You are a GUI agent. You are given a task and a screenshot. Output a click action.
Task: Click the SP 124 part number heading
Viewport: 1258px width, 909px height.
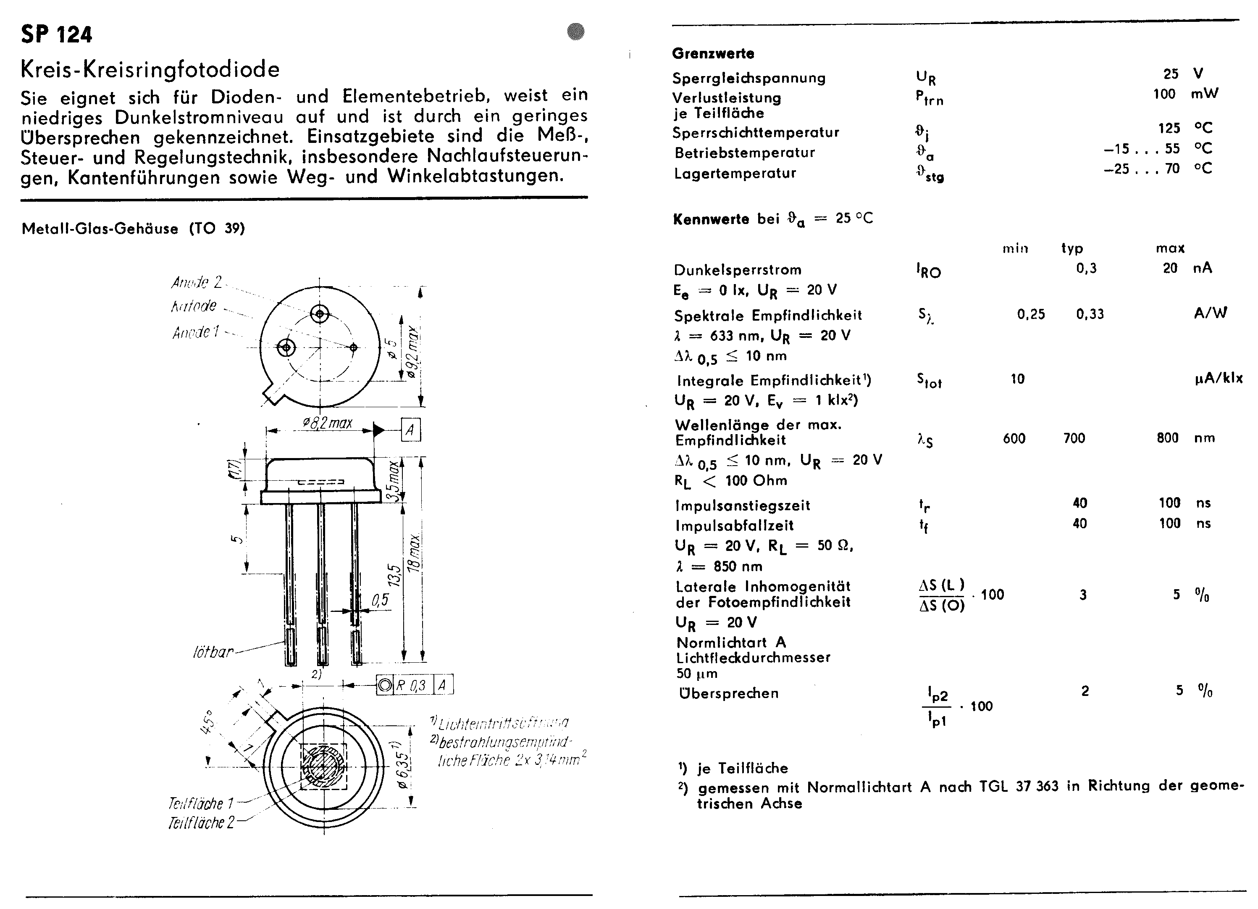point(57,35)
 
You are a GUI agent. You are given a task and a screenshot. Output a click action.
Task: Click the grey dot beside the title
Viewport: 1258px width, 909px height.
point(576,31)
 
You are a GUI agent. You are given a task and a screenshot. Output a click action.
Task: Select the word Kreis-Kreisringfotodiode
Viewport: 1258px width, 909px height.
point(150,69)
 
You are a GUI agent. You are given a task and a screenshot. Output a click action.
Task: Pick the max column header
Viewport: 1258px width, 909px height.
point(1170,248)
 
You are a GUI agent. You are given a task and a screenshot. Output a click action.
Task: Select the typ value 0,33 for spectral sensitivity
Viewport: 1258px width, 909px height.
point(1090,314)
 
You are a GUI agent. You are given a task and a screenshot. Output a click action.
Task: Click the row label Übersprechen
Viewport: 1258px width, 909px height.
point(728,693)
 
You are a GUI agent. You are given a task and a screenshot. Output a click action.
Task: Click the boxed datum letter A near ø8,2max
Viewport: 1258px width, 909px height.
point(410,430)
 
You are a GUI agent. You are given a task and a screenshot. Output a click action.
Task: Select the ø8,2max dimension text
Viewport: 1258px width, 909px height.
point(327,424)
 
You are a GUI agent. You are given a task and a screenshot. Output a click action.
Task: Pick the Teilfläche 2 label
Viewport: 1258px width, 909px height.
point(201,822)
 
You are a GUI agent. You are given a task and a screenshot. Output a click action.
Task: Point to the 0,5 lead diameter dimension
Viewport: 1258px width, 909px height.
point(380,600)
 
